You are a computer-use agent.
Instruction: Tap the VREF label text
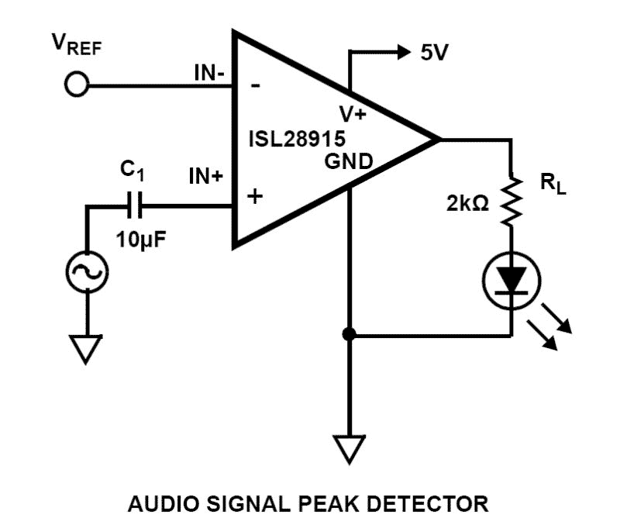coord(77,45)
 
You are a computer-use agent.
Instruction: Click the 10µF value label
coord(138,238)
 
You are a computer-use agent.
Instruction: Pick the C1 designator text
coord(133,170)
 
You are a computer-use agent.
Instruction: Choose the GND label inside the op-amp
coord(348,162)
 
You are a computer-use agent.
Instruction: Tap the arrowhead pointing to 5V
coord(401,52)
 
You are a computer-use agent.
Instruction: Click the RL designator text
coord(553,186)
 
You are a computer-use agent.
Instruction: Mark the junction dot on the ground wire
coord(350,335)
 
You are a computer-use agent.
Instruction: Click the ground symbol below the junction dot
coord(350,449)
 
